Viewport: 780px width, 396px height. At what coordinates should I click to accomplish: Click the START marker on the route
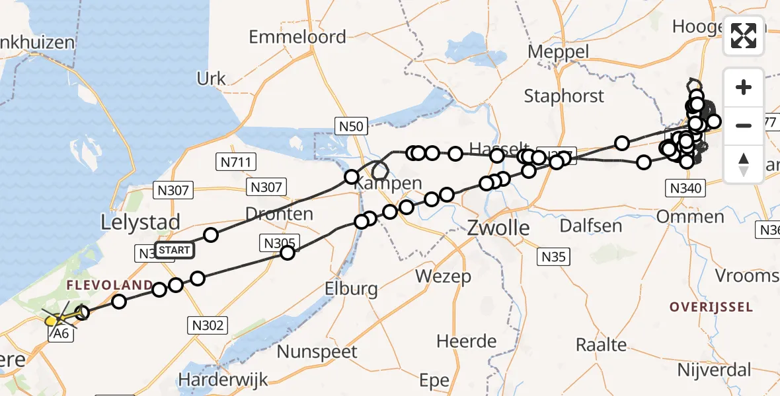point(175,250)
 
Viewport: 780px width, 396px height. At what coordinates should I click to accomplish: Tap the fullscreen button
point(744,36)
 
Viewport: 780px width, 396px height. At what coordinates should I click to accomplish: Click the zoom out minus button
point(744,125)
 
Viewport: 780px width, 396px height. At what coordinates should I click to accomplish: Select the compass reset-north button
point(744,164)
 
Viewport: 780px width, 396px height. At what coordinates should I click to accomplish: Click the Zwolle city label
point(498,228)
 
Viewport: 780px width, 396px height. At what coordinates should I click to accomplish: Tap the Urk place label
point(212,79)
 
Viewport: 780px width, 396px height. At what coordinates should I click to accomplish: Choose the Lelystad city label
point(140,222)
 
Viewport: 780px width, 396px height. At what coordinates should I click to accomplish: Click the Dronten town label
point(279,214)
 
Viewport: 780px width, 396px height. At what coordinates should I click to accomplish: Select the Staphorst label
point(564,96)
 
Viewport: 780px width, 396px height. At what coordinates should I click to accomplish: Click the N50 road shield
point(351,125)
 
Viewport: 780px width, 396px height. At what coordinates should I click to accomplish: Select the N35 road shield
point(552,256)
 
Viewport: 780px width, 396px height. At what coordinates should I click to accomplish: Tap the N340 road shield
point(684,189)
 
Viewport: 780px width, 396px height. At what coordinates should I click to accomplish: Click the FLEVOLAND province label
point(109,285)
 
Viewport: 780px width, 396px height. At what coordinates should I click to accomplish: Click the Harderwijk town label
point(223,380)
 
